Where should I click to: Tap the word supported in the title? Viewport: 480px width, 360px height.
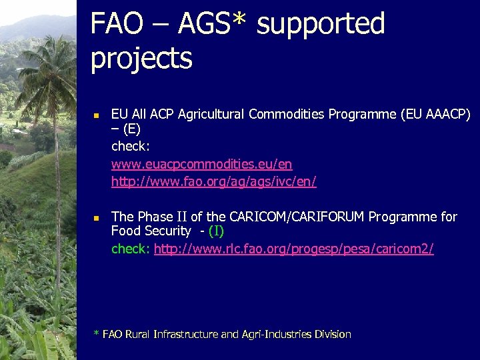click(321, 25)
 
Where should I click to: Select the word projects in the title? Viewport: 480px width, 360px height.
click(141, 59)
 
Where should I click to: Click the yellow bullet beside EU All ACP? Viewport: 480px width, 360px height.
click(95, 115)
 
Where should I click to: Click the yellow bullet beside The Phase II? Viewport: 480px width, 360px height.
click(95, 218)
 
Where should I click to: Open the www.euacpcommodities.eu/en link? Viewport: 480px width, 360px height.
click(201, 164)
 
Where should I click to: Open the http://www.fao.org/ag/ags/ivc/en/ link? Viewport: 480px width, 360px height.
click(213, 181)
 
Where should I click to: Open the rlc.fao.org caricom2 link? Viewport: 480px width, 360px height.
click(293, 249)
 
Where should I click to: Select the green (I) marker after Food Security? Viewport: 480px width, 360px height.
click(216, 231)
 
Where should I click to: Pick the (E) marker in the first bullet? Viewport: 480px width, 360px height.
click(131, 129)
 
